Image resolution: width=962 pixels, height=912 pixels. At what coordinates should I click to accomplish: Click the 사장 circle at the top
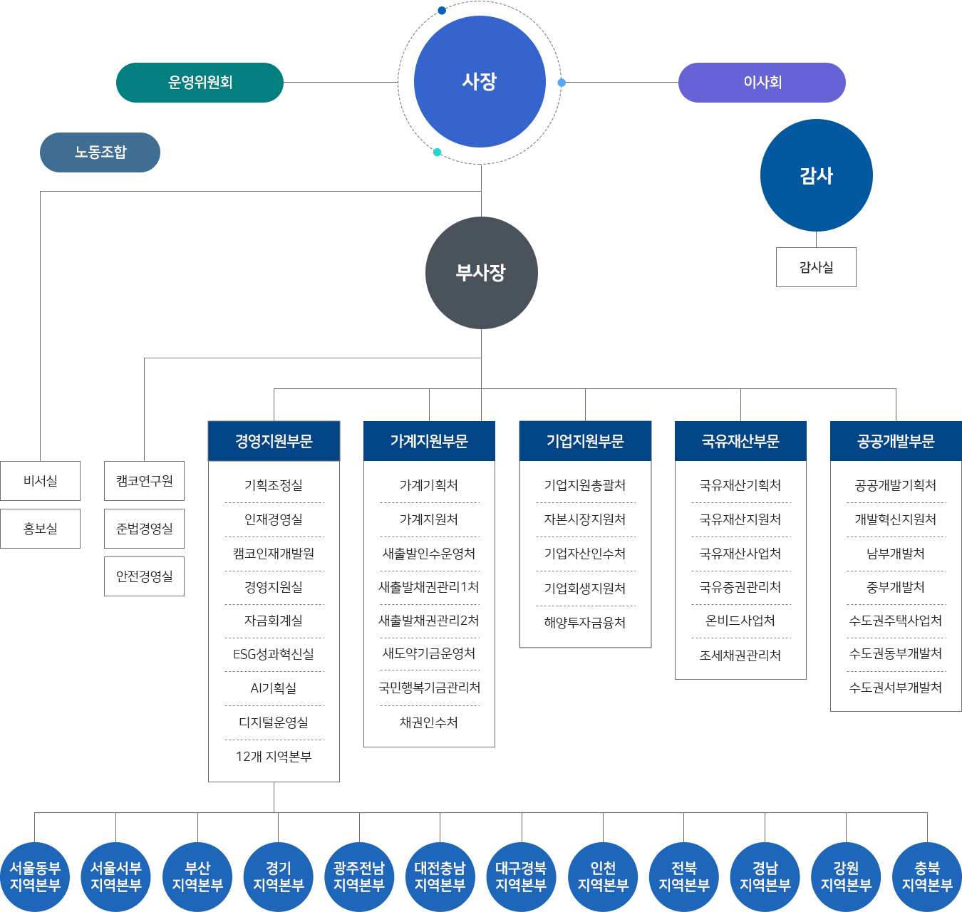coord(480,82)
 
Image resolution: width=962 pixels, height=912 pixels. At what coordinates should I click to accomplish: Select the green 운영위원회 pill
coord(200,82)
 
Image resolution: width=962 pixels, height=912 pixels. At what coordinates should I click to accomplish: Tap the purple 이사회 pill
coord(762,82)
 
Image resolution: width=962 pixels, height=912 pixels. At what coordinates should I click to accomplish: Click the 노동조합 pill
coord(100,152)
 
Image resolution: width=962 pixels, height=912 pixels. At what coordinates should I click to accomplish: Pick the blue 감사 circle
coord(816,175)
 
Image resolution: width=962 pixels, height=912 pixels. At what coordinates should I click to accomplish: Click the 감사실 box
coord(816,267)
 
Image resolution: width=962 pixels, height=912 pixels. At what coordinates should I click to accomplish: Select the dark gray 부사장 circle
coord(482,272)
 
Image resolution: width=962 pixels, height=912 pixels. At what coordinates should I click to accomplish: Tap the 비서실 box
coord(40,480)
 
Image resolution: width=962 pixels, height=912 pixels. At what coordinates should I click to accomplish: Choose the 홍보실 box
coord(40,529)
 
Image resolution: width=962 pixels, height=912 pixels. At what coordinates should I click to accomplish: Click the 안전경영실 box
coord(145,576)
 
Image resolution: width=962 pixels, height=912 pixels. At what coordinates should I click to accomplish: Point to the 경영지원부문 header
coord(274,441)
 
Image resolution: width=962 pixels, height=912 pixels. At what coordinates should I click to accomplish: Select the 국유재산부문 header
coord(740,441)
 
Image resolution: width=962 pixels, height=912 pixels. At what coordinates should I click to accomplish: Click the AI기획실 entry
coord(274,688)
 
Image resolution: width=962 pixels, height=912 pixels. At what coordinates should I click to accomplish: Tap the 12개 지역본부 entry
coord(274,757)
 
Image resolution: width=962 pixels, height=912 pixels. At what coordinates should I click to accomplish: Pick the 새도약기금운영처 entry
coord(429,653)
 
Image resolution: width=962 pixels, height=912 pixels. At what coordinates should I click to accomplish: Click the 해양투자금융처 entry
coord(585,622)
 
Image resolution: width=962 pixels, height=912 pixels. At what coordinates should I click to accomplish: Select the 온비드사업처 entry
coord(740,621)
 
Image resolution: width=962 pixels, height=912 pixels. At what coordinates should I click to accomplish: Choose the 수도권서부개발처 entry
coord(896,688)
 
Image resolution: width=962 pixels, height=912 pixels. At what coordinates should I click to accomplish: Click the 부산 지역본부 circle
coord(197,877)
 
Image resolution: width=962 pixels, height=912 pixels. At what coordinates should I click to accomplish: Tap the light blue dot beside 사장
coord(562,83)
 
